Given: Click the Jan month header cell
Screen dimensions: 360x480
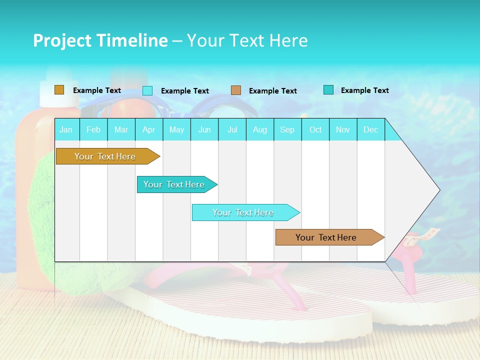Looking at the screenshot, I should pos(66,129).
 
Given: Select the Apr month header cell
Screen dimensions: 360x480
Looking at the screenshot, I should pos(149,129).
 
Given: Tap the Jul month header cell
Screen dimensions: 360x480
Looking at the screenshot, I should pos(232,129).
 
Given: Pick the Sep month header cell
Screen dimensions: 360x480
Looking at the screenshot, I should pos(287,129).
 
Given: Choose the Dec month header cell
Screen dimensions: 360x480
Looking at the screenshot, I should pos(370,129).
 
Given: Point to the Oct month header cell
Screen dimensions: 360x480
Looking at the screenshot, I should pos(315,129).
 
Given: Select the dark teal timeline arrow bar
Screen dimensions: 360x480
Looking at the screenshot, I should pos(175,184).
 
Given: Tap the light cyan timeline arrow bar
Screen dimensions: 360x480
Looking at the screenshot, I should pos(244,212).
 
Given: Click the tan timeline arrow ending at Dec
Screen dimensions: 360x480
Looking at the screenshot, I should pos(327,237).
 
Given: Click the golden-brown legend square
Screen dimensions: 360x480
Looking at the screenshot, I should pos(59,90).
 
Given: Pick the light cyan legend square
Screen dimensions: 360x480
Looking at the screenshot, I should pos(147,90).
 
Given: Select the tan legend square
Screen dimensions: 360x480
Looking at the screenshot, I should pos(236,90).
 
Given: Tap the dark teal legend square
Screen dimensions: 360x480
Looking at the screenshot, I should pos(328,90).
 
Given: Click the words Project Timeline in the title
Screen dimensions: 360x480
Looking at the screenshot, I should pos(100,40).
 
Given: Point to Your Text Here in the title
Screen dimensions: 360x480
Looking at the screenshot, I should pos(247,40).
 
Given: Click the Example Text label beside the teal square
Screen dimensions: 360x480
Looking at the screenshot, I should pos(364,90).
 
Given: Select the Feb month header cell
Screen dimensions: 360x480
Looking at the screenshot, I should pos(93,129).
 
